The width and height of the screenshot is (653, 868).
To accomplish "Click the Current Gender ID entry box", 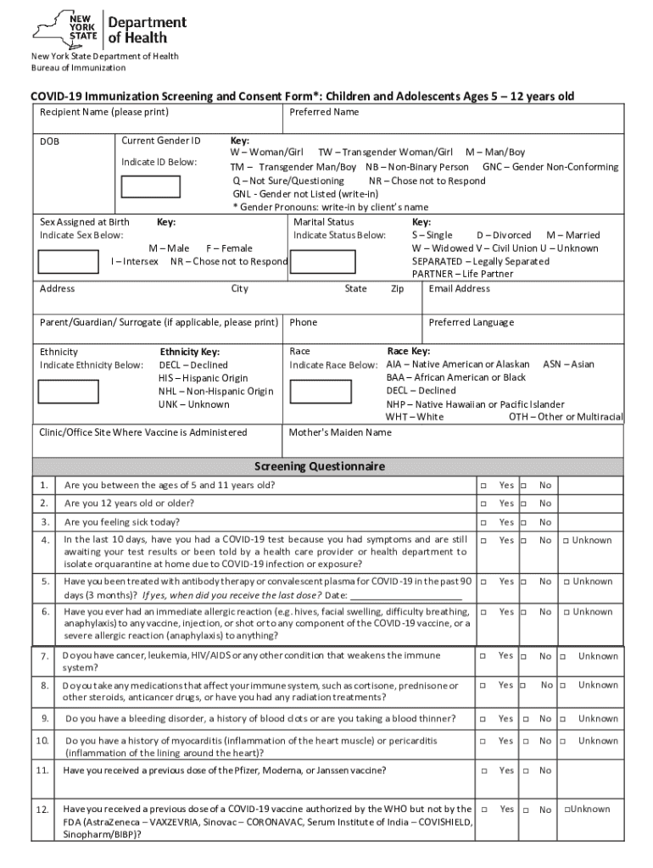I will tap(151, 186).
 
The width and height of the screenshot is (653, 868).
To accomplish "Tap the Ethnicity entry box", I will tap(68, 391).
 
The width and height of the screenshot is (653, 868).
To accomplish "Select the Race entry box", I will tap(320, 391).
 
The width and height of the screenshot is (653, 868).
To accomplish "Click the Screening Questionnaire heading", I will tap(320, 466).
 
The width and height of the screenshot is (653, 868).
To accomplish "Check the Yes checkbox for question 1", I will tap(483, 486).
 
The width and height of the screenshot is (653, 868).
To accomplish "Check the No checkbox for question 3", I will tap(523, 523).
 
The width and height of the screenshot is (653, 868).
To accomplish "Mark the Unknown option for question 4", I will tap(566, 541).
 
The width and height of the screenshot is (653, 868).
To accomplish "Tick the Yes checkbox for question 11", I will tap(483, 771).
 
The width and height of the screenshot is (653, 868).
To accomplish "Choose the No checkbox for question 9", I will tap(523, 720).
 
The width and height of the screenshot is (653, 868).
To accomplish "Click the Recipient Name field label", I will tap(104, 112).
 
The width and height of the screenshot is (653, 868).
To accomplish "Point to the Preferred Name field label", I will tap(324, 112).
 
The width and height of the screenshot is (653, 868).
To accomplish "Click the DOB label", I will tap(49, 141).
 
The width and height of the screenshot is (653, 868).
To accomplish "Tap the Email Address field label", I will tap(459, 289).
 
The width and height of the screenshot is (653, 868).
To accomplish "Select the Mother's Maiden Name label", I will tap(340, 432).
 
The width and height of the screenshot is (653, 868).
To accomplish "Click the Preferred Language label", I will tap(471, 322).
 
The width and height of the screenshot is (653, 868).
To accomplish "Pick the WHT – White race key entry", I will tap(415, 417).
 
